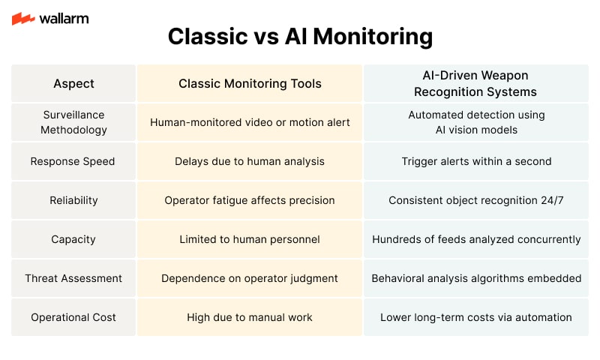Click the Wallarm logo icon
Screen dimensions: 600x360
pyautogui.click(x=23, y=18)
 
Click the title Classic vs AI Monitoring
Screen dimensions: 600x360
pyautogui.click(x=301, y=37)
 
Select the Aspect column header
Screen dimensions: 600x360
pyautogui.click(x=73, y=83)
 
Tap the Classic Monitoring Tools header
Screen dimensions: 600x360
pyautogui.click(x=250, y=83)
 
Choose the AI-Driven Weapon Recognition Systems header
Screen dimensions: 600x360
pyautogui.click(x=475, y=83)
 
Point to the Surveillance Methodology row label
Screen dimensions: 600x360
pyautogui.click(x=73, y=122)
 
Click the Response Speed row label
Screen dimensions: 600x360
pyautogui.click(x=73, y=161)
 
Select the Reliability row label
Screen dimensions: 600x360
pyautogui.click(x=73, y=200)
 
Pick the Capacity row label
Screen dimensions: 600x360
pyautogui.click(x=73, y=239)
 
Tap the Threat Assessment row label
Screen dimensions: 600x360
pyautogui.click(x=73, y=278)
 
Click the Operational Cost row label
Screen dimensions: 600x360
pyautogui.click(x=73, y=317)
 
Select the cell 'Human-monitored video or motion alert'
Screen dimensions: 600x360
pyautogui.click(x=250, y=122)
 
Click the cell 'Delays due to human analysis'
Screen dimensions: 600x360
pyautogui.click(x=250, y=161)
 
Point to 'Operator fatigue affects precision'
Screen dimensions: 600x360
pyautogui.click(x=250, y=200)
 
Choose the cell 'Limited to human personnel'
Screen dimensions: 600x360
pyautogui.click(x=250, y=239)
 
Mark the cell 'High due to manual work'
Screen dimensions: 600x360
pyautogui.click(x=250, y=317)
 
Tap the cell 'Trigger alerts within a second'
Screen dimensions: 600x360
pyautogui.click(x=476, y=161)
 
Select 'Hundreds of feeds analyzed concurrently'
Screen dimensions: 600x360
pyautogui.click(x=476, y=239)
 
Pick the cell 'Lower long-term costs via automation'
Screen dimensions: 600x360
pyautogui.click(x=476, y=317)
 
